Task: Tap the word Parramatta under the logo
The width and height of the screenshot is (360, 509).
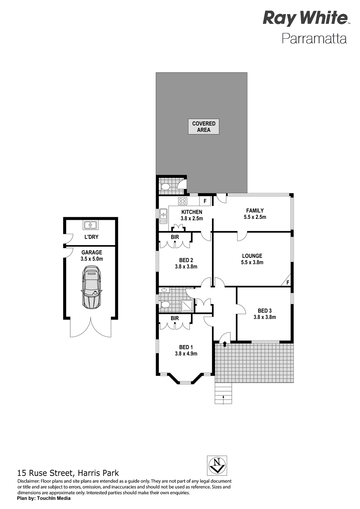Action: (314, 39)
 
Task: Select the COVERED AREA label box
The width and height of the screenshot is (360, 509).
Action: (203, 127)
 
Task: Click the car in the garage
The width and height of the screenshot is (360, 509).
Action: (91, 287)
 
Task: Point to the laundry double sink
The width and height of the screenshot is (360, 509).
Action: (91, 225)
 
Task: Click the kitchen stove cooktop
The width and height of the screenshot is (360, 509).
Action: (183, 201)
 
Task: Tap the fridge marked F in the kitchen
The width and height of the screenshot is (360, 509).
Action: (205, 201)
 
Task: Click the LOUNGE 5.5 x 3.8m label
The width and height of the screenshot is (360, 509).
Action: (252, 259)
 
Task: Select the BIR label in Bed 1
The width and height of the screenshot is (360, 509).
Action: (175, 318)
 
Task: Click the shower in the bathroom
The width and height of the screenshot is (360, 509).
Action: (188, 306)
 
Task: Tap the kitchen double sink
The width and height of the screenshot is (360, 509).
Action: (163, 216)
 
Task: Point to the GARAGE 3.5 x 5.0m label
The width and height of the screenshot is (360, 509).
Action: (92, 256)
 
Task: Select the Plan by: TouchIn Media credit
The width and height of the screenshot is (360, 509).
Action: (44, 498)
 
